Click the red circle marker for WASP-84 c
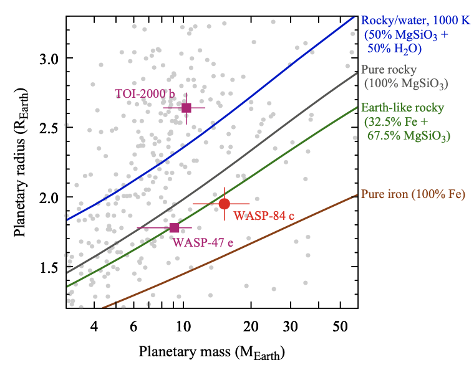pyautogui.click(x=225, y=204)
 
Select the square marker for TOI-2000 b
pyautogui.click(x=186, y=108)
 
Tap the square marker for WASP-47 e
pyautogui.click(x=174, y=227)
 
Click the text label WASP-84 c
pyautogui.click(x=263, y=216)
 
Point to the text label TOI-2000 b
pyautogui.click(x=145, y=93)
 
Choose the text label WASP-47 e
pyautogui.click(x=203, y=242)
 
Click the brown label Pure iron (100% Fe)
pyautogui.click(x=413, y=194)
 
